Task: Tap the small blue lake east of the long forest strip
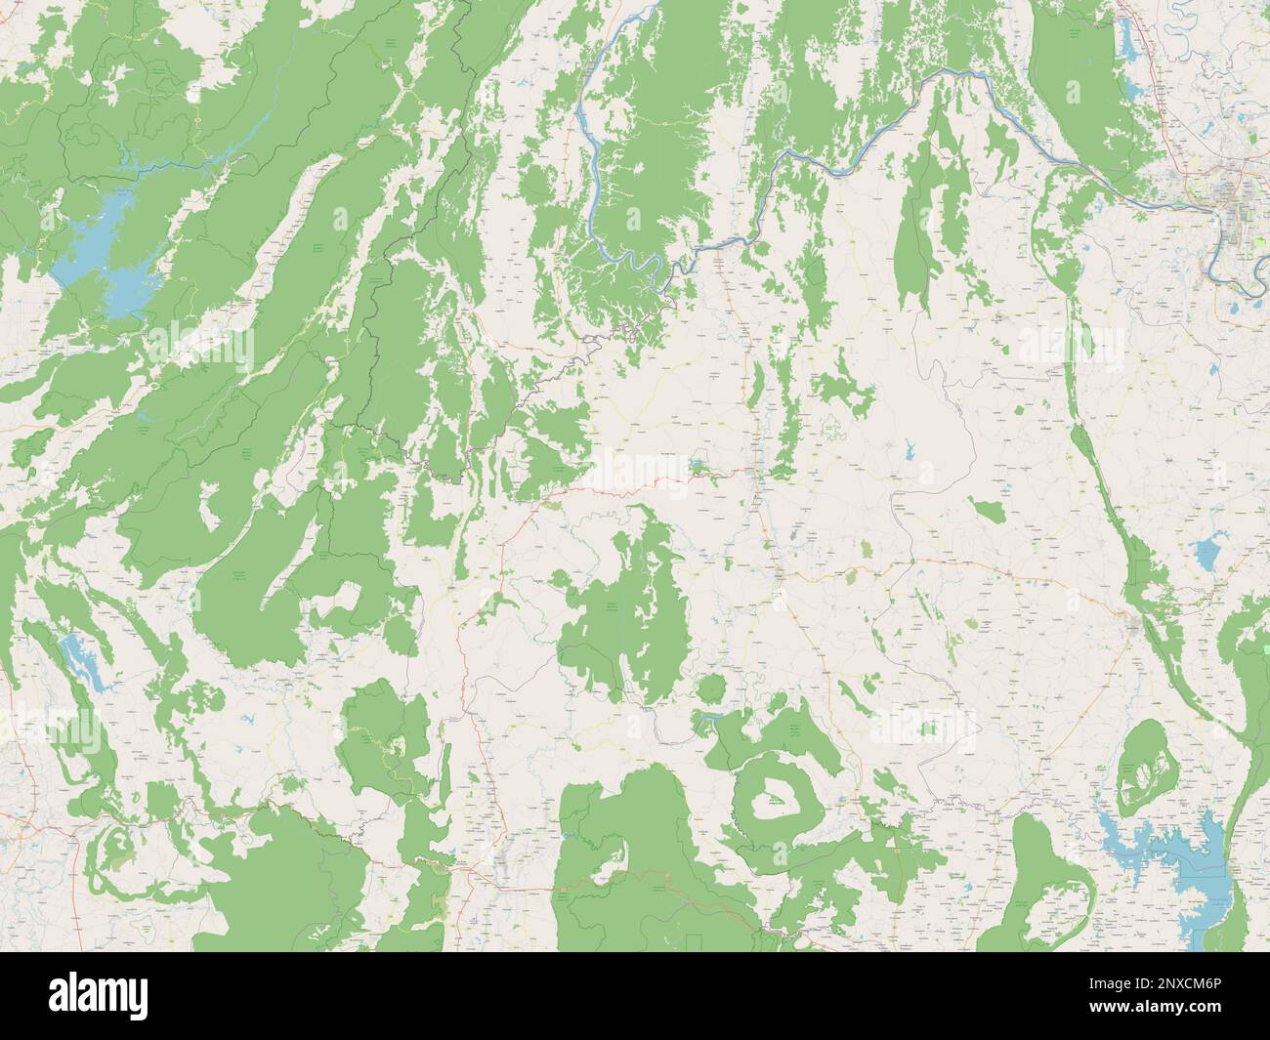pyautogui.click(x=1207, y=557)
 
